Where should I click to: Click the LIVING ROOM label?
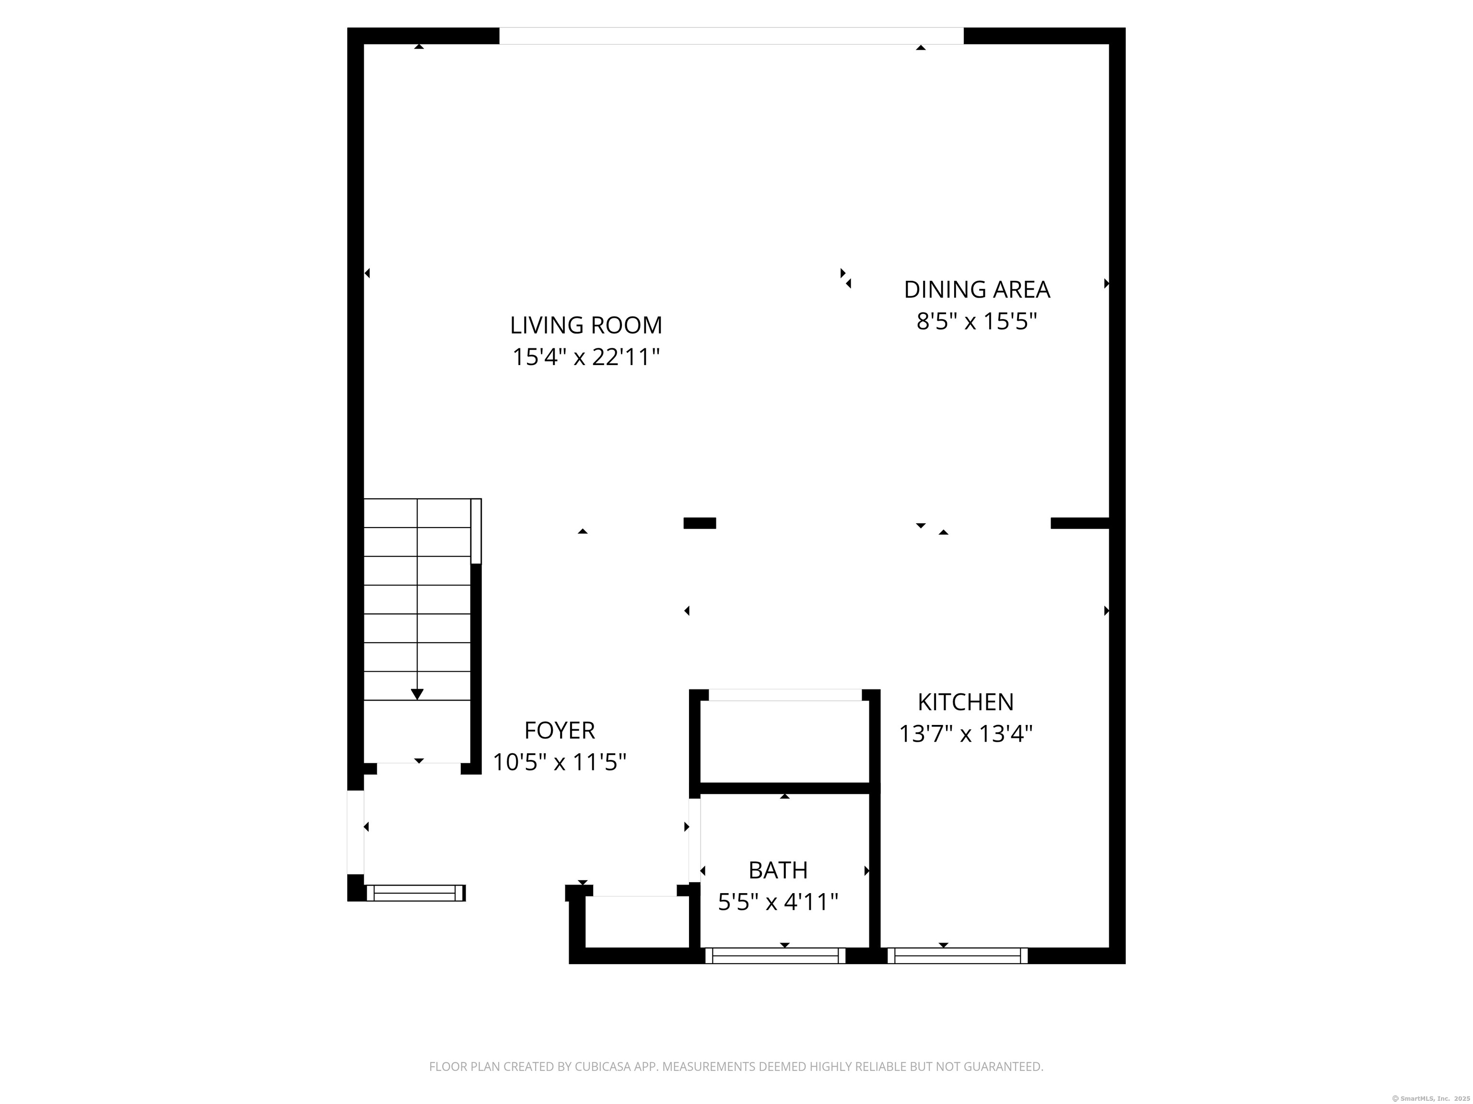coord(586,325)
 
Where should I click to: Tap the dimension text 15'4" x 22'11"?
coord(586,357)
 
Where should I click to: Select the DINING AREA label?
coord(976,289)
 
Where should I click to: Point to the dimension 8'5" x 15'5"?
coord(976,322)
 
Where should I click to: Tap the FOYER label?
coord(560,731)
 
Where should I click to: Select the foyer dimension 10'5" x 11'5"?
coord(560,762)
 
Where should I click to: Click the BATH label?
coord(778,871)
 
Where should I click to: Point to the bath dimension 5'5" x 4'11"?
coord(778,902)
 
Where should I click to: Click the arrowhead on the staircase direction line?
coord(417,694)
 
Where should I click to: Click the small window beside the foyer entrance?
coord(416,893)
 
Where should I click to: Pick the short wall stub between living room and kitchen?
coord(699,523)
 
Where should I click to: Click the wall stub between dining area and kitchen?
coord(1079,523)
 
